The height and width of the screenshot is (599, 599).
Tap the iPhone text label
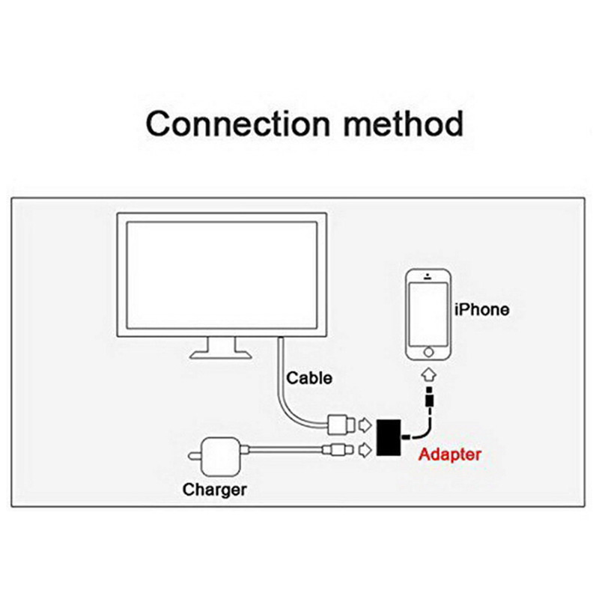(x=482, y=309)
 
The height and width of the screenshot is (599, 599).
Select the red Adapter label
(x=449, y=454)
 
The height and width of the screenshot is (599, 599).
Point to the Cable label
(x=309, y=377)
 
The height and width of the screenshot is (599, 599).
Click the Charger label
(x=215, y=490)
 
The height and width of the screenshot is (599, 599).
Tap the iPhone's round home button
(x=429, y=350)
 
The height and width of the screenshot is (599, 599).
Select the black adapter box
(x=389, y=439)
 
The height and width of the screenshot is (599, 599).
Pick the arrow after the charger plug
(x=365, y=450)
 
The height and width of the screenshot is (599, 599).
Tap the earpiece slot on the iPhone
(x=429, y=281)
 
